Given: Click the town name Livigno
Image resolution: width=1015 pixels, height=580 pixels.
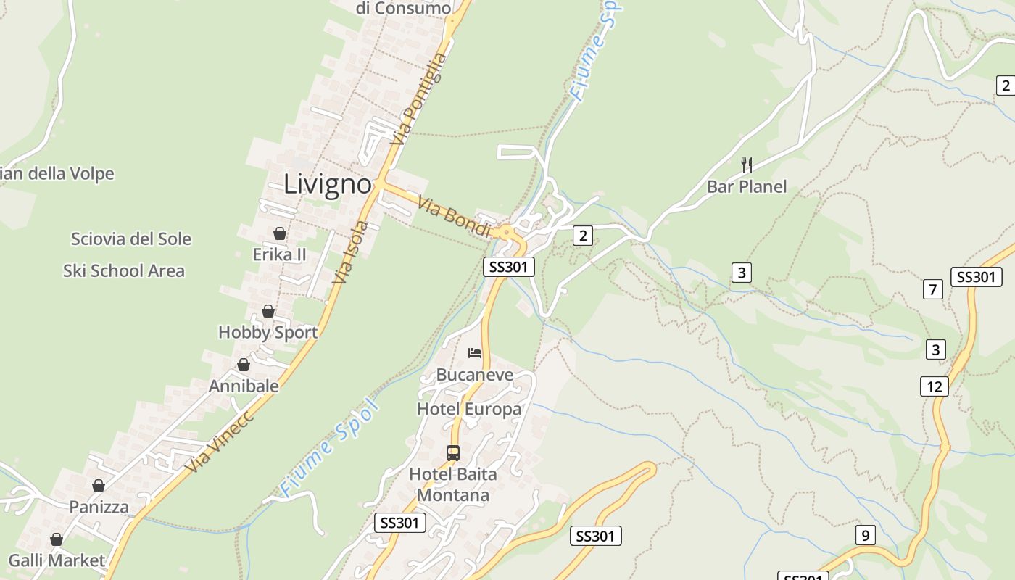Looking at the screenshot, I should click(328, 184).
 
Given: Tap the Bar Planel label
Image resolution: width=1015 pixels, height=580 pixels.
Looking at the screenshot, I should click(747, 187).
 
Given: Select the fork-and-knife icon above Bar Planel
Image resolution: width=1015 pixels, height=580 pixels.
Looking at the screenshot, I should click(747, 165).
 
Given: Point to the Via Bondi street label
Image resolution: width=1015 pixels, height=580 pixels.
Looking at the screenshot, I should click(455, 215).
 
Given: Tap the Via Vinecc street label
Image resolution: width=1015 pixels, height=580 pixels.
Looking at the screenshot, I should click(220, 442).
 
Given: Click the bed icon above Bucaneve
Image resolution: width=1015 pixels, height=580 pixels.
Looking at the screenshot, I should click(475, 353).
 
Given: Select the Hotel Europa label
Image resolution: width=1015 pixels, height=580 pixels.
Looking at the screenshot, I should click(469, 409).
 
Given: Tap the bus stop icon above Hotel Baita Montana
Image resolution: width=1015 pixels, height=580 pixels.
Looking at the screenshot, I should click(453, 453).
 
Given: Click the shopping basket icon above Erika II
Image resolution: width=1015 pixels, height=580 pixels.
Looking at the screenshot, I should click(279, 233).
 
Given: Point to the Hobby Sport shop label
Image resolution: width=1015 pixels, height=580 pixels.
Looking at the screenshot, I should click(268, 332).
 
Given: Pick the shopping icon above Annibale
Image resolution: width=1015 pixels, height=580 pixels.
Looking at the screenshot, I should click(244, 365).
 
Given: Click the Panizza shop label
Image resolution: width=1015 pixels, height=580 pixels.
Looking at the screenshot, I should click(99, 507).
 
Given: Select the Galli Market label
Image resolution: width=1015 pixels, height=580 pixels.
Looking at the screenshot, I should click(57, 560).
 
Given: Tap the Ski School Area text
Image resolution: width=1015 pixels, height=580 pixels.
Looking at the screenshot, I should click(124, 271).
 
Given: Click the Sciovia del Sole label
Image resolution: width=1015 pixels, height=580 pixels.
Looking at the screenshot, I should click(131, 239).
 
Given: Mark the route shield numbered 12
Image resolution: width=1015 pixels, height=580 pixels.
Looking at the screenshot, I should click(934, 386).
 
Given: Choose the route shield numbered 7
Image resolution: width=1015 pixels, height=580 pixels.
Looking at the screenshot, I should click(933, 290).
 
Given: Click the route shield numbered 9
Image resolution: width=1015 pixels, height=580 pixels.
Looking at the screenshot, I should click(865, 536).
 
